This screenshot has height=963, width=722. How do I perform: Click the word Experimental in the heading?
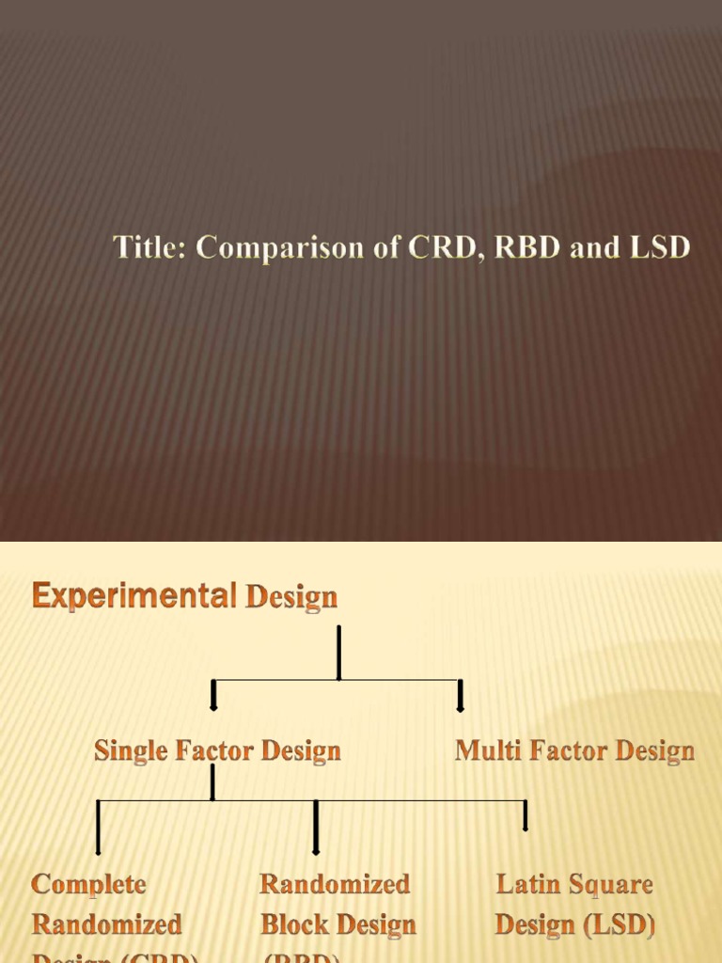point(134,595)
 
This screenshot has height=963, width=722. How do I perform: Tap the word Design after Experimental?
point(290,597)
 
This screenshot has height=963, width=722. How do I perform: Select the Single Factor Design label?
point(217,750)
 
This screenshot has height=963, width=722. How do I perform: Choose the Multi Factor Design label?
point(574,750)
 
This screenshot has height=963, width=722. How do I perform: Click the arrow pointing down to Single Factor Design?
point(214,695)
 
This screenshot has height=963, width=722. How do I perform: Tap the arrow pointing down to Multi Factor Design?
point(461,695)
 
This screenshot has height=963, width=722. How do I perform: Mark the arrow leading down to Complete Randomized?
point(99,828)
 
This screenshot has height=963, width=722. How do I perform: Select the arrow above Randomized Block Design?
point(316,828)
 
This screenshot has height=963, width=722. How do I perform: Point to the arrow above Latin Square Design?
point(525,816)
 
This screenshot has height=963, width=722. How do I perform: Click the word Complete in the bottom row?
point(88,884)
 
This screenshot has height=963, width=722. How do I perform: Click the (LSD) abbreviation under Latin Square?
point(620,924)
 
